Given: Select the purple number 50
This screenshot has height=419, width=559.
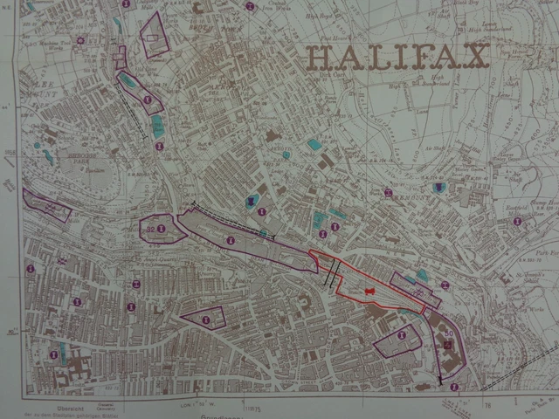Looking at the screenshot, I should (x=448, y=333).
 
